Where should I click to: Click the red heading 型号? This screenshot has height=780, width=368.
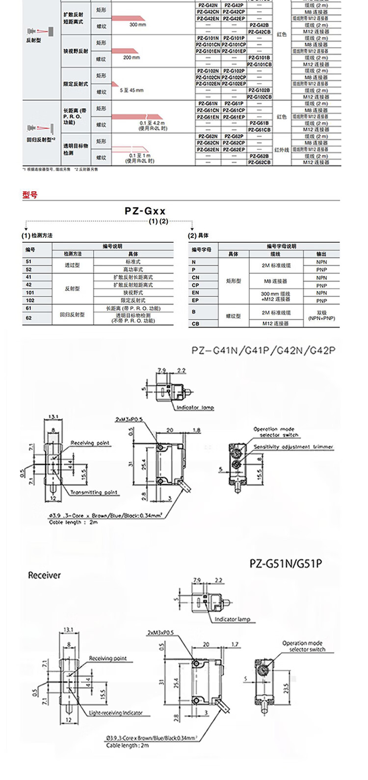point(30,195)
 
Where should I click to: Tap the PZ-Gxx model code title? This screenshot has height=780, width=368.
point(145,211)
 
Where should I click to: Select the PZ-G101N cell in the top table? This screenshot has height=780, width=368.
point(208,38)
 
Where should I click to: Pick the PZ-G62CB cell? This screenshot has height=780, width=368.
point(260,162)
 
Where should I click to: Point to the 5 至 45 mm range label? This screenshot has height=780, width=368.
point(131,90)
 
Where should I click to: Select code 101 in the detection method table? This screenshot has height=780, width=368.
point(29,292)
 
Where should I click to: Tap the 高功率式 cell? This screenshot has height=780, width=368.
point(133,269)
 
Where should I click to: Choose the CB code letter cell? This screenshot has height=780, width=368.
point(195,324)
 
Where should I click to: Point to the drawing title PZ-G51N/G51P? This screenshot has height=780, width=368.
point(286,563)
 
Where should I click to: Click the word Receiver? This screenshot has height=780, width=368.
point(44,575)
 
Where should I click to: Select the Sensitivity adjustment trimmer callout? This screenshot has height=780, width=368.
point(293,447)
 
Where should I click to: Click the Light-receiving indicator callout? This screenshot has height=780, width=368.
point(116,713)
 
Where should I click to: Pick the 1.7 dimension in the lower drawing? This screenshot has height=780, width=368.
point(221,644)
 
